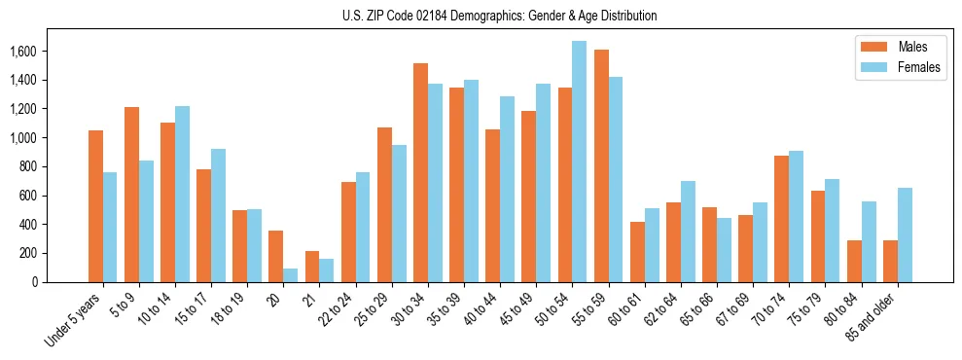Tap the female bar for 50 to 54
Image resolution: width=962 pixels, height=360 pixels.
(579, 162)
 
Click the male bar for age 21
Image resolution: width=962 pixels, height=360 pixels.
(312, 267)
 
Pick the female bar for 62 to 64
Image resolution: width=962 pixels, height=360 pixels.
(688, 232)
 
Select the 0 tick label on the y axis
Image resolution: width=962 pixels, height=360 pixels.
(61, 282)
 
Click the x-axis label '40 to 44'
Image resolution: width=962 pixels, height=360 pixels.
(482, 309)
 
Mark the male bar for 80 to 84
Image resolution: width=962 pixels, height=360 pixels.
(854, 261)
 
